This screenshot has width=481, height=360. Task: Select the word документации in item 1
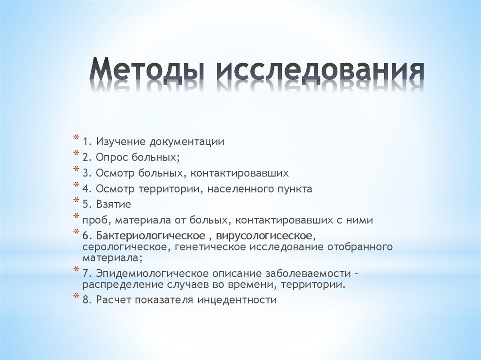(187, 141)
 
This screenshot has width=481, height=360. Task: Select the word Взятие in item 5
(113, 204)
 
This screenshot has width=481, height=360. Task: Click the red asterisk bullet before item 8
(76, 296)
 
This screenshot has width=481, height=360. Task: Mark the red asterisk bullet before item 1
(76, 138)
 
